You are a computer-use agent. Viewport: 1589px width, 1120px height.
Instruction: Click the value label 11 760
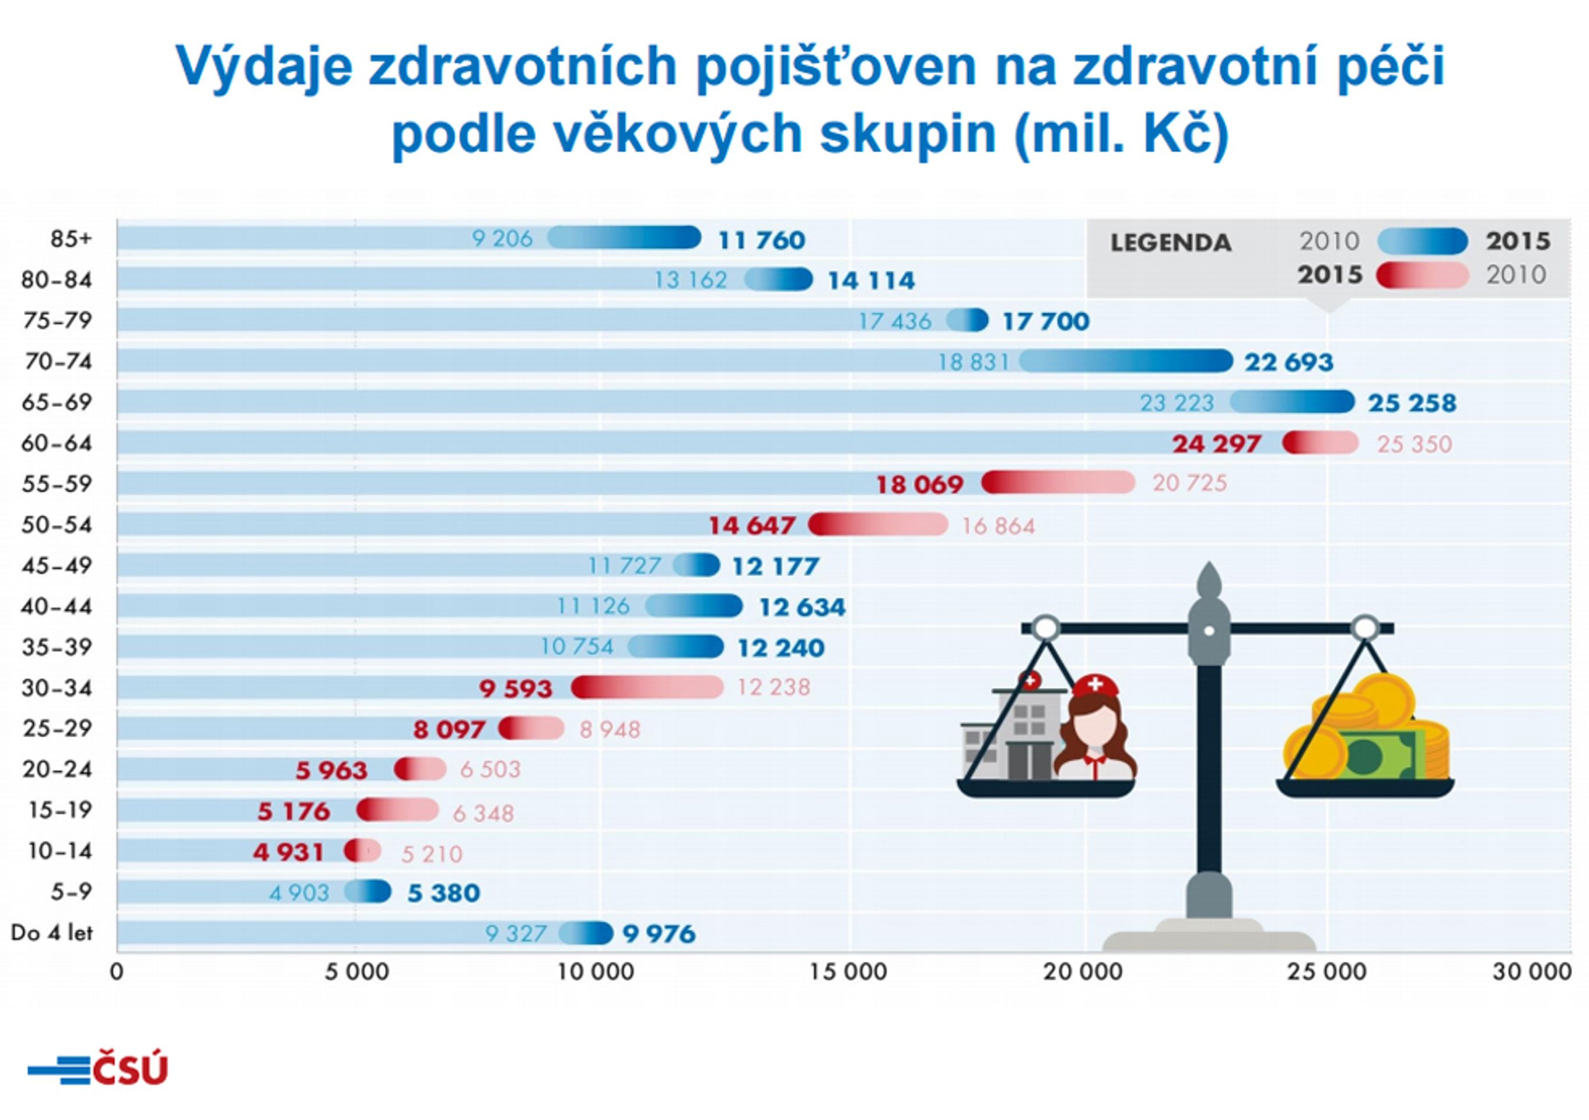[761, 240]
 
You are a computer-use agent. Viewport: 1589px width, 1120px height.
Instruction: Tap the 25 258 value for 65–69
[1412, 403]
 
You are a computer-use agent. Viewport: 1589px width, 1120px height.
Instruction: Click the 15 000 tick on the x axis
[849, 972]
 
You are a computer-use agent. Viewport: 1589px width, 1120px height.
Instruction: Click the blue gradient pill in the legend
[1422, 241]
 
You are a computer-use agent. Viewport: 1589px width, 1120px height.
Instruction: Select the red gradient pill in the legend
[1422, 275]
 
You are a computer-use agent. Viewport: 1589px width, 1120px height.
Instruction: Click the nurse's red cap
[1095, 685]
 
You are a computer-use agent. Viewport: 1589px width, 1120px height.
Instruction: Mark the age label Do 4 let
[52, 933]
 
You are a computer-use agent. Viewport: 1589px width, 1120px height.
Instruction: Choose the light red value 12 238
[773, 687]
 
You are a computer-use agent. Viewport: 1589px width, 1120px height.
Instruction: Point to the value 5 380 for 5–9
[443, 893]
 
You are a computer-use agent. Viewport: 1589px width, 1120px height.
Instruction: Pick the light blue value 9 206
[502, 239]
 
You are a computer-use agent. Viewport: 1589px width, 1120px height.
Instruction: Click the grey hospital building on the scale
[1010, 734]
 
